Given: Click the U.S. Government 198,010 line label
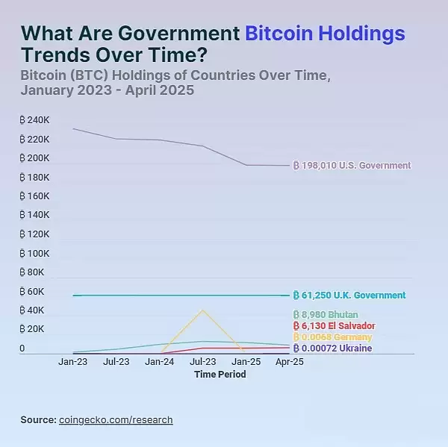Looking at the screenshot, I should click(352, 165).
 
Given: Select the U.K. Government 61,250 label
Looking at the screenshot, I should click(349, 296).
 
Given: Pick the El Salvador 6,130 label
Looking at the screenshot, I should click(334, 326).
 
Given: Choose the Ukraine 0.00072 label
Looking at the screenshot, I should click(332, 348).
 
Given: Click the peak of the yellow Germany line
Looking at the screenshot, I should click(202, 310).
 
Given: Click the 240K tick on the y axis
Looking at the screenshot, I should click(35, 120).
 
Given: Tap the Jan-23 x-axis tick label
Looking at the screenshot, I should click(72, 362).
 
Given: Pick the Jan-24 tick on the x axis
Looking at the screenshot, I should click(160, 362).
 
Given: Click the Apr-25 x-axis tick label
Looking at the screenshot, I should click(289, 362).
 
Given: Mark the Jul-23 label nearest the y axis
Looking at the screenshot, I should click(116, 362).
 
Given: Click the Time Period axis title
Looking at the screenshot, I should click(220, 375).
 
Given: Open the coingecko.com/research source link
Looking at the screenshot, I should click(116, 420).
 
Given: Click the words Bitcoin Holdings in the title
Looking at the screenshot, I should click(325, 33).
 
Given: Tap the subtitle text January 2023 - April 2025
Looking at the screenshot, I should click(108, 91).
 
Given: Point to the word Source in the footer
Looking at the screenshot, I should click(37, 420).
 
